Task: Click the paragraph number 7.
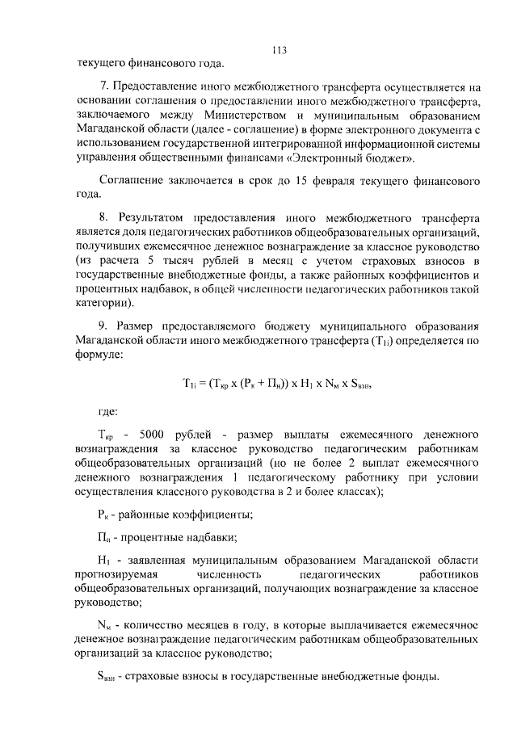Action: (103, 86)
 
